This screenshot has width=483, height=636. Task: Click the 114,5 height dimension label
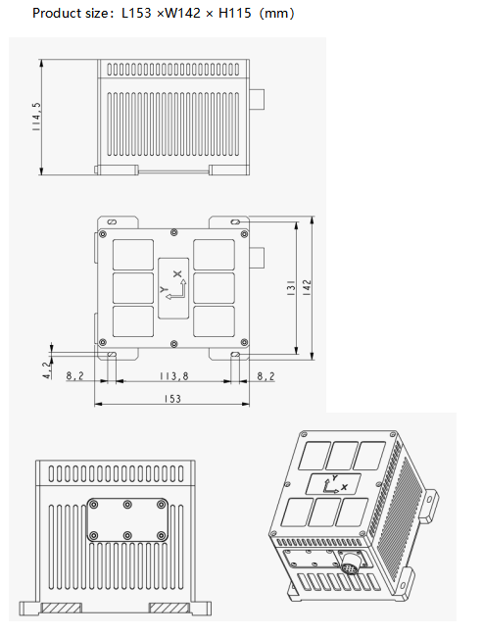[37, 116]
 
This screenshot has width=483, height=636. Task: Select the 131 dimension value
[291, 291]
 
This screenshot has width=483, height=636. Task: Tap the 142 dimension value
[306, 291]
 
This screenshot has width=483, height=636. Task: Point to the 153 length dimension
[172, 399]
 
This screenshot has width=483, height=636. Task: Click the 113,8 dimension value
[172, 375]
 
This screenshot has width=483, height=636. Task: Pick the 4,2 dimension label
[47, 369]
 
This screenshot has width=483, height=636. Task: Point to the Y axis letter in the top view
[163, 290]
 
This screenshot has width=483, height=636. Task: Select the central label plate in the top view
[172, 289]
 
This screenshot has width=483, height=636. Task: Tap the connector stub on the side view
[258, 99]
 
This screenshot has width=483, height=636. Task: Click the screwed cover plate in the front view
[127, 519]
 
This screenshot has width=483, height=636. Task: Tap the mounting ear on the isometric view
[427, 504]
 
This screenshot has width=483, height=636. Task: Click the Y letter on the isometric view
[334, 476]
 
